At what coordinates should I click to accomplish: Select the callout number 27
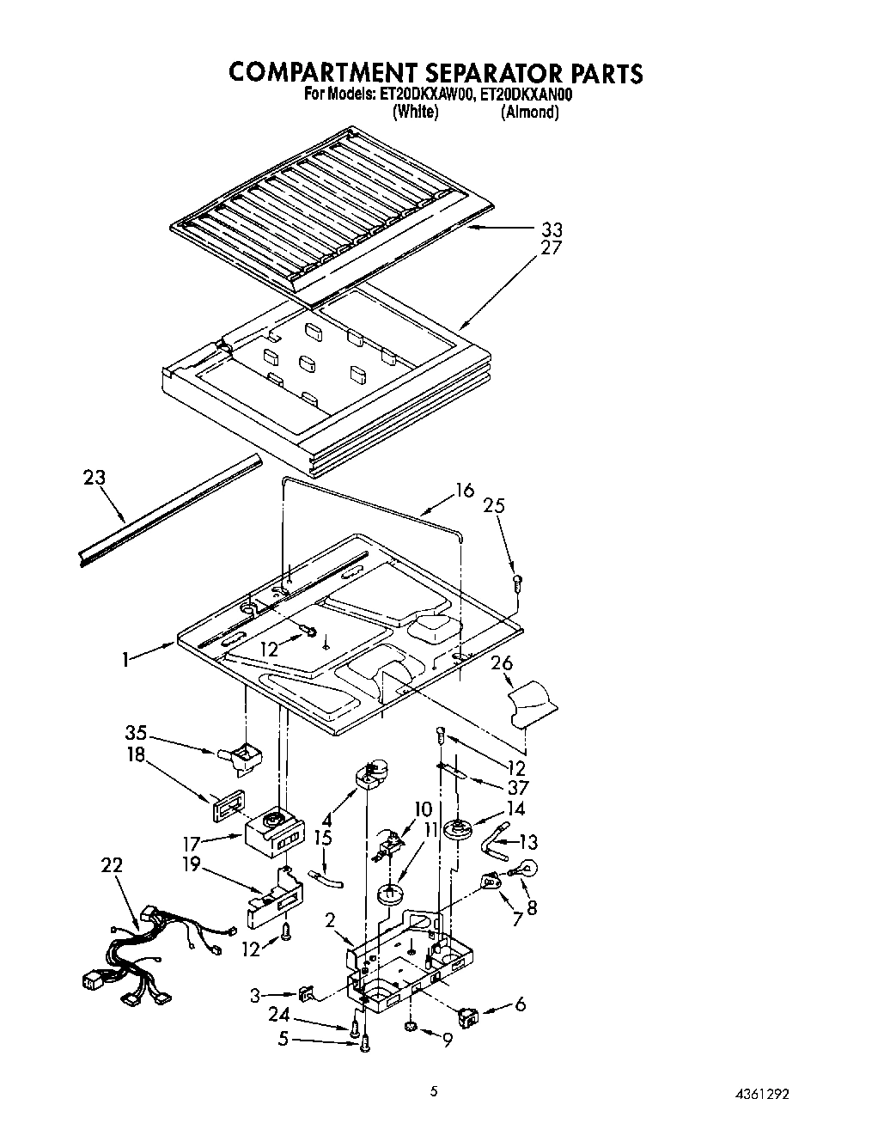(x=551, y=248)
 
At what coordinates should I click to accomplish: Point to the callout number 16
(x=464, y=491)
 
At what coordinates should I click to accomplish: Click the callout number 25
(x=493, y=505)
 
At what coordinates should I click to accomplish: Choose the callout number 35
(x=136, y=734)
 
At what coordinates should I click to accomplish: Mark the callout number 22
(x=111, y=865)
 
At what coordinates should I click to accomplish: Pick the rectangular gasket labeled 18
(x=228, y=805)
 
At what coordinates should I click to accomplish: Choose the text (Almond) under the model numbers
(x=530, y=113)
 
